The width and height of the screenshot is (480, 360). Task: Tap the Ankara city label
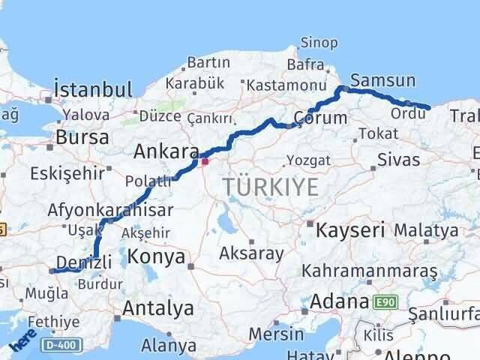pos(166,151)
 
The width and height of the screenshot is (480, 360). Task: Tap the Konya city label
pos(157,256)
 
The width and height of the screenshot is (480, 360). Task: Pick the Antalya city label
pos(157,307)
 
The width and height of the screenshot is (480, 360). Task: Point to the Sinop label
pos(319,43)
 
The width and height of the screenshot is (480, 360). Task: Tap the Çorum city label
pos(320,118)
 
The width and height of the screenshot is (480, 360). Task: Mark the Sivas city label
pos(398,158)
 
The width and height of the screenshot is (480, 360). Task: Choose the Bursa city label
pos(82,138)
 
